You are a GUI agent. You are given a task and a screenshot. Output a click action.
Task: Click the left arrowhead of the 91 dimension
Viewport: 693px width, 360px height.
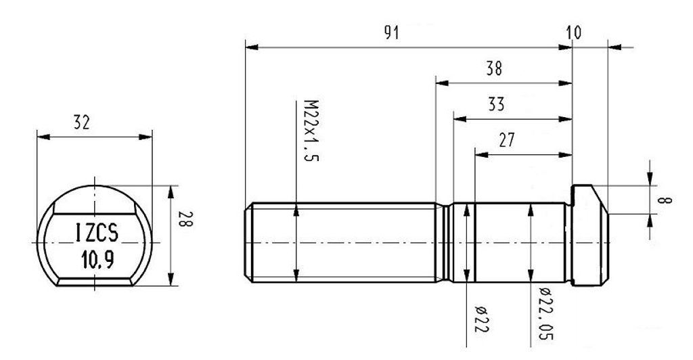(x=249, y=47)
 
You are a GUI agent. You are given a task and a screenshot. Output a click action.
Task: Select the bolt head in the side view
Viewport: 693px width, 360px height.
(x=590, y=237)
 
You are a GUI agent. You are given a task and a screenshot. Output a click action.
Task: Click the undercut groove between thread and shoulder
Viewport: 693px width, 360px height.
(x=446, y=242)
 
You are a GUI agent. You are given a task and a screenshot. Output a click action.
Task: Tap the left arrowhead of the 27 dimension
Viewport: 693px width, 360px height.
(x=480, y=154)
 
